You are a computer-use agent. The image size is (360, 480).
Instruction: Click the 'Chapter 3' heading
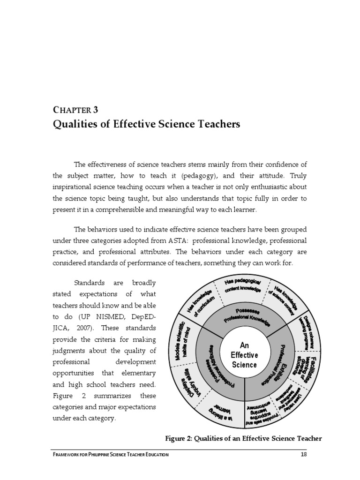click(75, 111)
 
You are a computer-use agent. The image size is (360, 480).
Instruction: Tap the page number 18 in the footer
click(303, 454)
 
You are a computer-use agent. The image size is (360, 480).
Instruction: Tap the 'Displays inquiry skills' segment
click(192, 389)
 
